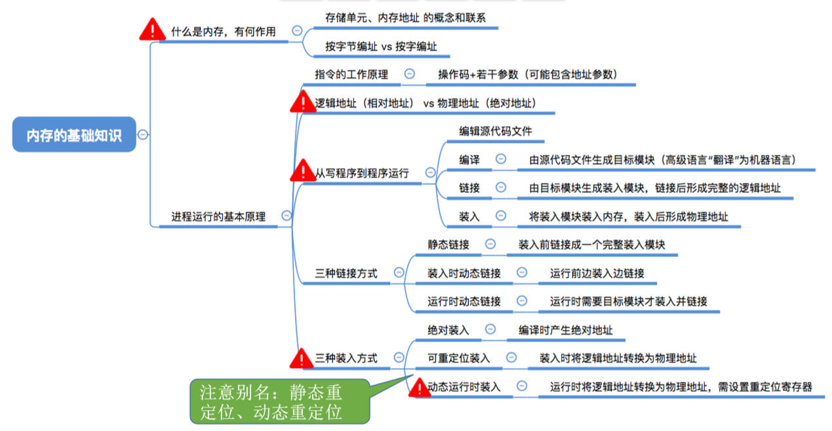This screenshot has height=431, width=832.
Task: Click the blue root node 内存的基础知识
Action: [x=74, y=135]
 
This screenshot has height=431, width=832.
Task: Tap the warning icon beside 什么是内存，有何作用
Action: [x=153, y=30]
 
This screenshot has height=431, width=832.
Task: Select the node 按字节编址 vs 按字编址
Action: [x=381, y=47]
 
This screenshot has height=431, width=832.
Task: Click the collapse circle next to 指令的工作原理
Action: [x=410, y=74]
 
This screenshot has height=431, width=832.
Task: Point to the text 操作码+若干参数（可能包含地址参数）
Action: [x=528, y=74]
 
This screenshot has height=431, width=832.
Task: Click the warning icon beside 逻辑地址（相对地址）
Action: [x=303, y=102]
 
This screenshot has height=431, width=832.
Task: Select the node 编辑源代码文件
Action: [x=495, y=131]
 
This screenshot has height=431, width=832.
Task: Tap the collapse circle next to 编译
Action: [x=501, y=159]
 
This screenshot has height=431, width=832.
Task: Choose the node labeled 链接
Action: [x=469, y=188]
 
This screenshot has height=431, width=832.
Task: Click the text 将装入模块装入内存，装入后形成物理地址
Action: [x=628, y=216]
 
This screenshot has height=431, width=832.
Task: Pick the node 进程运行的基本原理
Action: [x=218, y=216]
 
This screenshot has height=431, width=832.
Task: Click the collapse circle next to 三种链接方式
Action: [x=399, y=272]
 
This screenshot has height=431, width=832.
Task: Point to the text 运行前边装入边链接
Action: [x=597, y=273]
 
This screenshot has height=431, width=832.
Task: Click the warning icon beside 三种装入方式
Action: [x=302, y=358]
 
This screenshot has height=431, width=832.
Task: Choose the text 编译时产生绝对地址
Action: [x=565, y=330]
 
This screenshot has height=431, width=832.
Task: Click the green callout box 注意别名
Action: [x=279, y=401]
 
